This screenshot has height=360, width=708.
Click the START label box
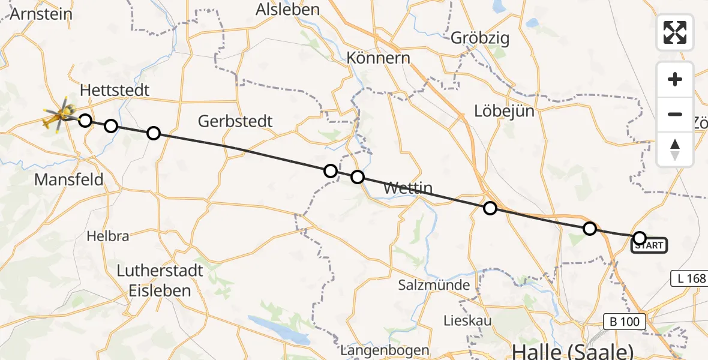pyautogui.click(x=649, y=245)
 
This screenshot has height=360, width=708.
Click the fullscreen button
pyautogui.click(x=675, y=32)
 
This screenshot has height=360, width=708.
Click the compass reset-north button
pyautogui.click(x=675, y=149)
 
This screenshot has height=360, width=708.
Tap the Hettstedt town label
pyautogui.click(x=114, y=90)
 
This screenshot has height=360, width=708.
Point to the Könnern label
pyautogui.click(x=378, y=58)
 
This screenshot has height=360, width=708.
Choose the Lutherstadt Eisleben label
pyautogui.click(x=160, y=281)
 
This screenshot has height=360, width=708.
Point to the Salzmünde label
pyautogui.click(x=434, y=285)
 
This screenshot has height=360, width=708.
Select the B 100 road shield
pyautogui.click(x=625, y=322)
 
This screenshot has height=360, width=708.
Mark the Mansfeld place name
pyautogui.click(x=69, y=179)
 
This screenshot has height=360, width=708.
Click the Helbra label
pyautogui.click(x=107, y=236)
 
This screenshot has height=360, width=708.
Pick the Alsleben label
pyautogui.click(x=287, y=9)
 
